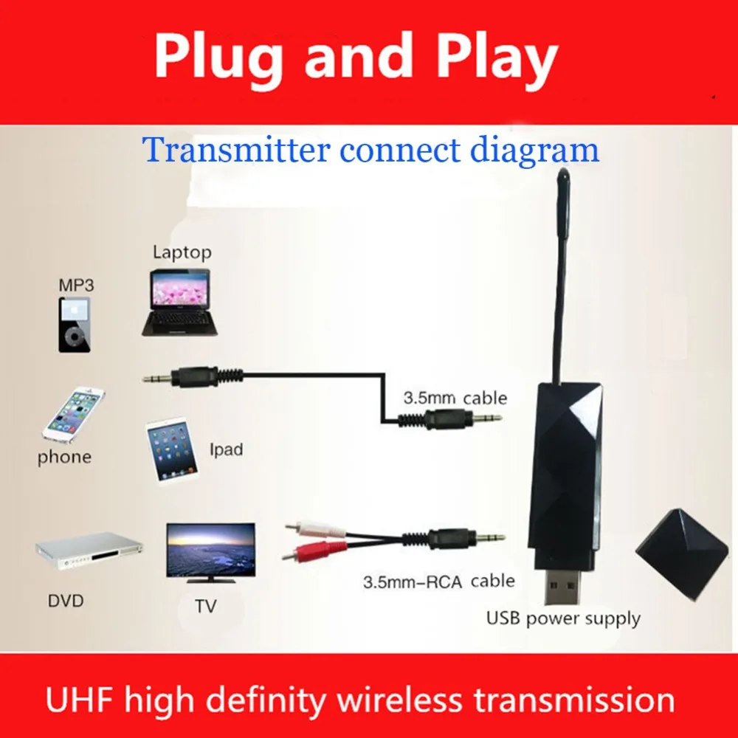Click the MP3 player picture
tap(75, 324)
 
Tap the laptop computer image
tap(180, 303)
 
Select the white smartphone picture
tap(74, 415)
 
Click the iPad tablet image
tap(171, 450)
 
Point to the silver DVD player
tap(89, 551)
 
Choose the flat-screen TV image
tap(211, 553)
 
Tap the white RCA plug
tap(315, 528)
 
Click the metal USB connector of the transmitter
tap(562, 585)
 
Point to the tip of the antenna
tap(563, 170)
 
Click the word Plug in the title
tap(219, 58)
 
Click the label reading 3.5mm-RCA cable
tap(438, 582)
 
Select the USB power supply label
tap(563, 618)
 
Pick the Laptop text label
tap(182, 252)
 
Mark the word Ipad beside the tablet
tap(227, 449)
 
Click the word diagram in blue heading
tap(534, 151)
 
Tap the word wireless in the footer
tap(399, 700)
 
